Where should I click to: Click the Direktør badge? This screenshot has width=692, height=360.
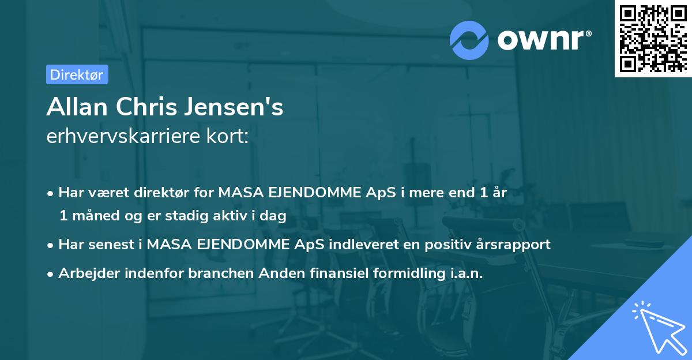(77, 74)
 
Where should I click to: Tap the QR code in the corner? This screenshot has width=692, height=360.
(652, 39)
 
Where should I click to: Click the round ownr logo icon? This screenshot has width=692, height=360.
(469, 40)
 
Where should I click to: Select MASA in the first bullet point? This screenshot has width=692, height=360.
(240, 193)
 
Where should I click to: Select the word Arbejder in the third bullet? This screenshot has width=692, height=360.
(85, 273)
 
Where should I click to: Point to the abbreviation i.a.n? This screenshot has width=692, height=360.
(466, 273)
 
